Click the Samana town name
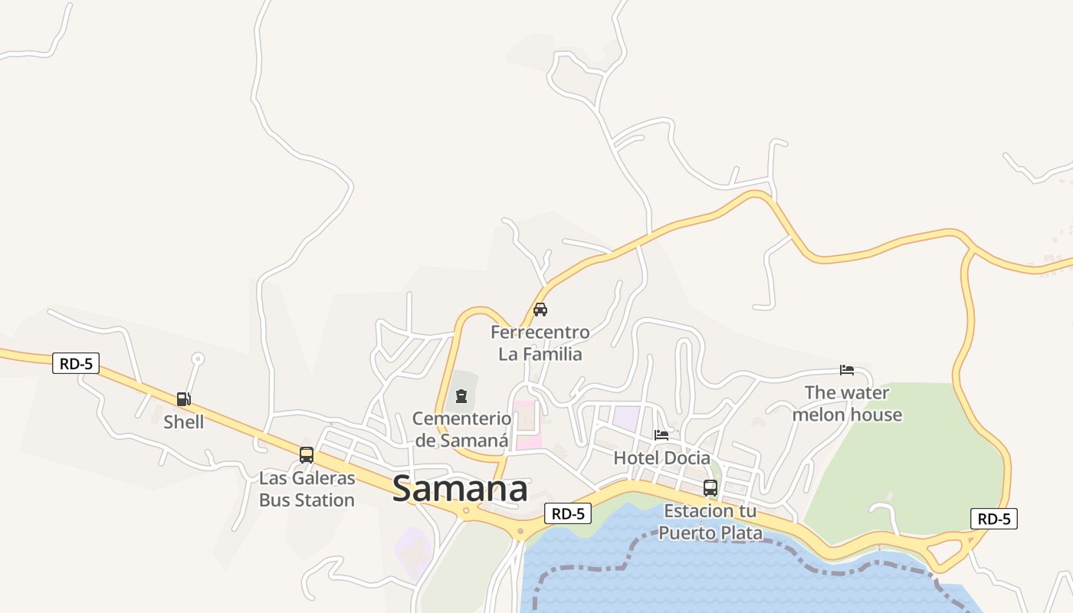coord(460,489)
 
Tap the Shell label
coord(184,422)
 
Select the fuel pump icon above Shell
coord(183,398)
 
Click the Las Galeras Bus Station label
coord(307,489)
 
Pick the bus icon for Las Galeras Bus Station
coord(307,454)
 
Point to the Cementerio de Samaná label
coord(461,429)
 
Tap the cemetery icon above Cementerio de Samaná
coord(461,396)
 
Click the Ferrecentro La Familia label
coord(540,343)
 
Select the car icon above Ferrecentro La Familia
coord(540,310)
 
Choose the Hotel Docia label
coord(661,457)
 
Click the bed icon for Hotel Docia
coord(661,435)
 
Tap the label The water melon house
coord(847,404)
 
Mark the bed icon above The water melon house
coord(847,370)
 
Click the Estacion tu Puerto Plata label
coord(710,521)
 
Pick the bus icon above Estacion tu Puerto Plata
coord(710,488)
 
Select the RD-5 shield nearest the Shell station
coord(76,363)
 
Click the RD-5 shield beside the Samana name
coord(568,513)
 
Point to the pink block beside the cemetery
coord(526,425)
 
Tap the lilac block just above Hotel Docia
coord(625,418)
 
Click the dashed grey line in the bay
coord(582,569)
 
